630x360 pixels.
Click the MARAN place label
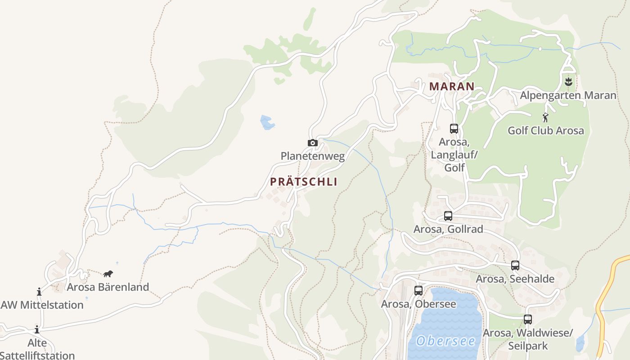point(452,86)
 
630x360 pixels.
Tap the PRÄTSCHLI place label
point(304,182)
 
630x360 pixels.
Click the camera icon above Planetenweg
point(313,143)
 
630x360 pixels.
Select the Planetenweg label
point(313,156)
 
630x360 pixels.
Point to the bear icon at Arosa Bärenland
point(108,274)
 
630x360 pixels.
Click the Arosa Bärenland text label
point(108,287)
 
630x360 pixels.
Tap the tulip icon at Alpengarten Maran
point(568,82)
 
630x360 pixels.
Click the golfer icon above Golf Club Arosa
point(546,117)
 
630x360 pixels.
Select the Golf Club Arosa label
point(546,130)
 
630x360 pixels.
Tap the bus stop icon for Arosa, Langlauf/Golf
point(454,129)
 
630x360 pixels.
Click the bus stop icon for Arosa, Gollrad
point(448,216)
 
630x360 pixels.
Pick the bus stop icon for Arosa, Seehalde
point(515,265)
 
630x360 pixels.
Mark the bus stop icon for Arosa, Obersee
point(418,291)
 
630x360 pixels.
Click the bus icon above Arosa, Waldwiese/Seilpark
point(528,319)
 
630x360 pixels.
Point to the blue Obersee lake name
point(445,341)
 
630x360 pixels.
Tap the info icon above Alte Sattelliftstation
point(37,329)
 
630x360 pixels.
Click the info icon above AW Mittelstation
point(39,292)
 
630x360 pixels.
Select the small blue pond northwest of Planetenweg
point(267,122)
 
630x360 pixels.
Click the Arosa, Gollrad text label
point(448,229)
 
